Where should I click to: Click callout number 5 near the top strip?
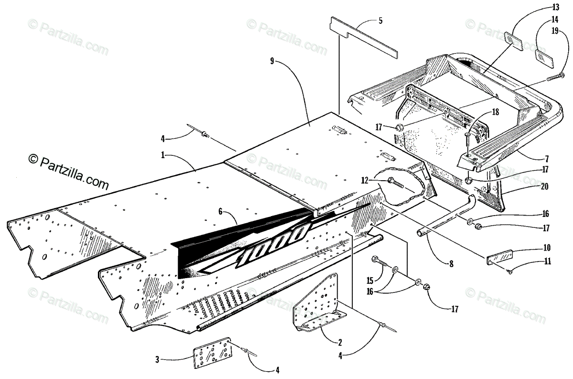[380, 21]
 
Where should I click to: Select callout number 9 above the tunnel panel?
[272, 61]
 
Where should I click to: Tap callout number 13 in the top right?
[541, 7]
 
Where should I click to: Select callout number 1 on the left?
[163, 155]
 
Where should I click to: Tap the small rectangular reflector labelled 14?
[543, 55]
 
